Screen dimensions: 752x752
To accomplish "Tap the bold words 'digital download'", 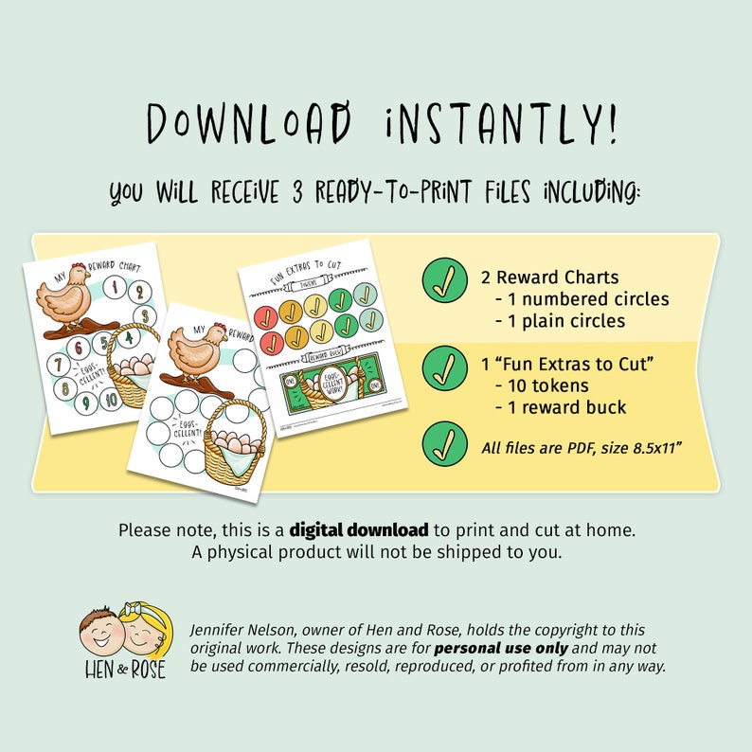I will point(360,529).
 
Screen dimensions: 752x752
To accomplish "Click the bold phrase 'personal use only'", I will point(501,649).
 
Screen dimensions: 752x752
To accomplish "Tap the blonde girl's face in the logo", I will point(147,630).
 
